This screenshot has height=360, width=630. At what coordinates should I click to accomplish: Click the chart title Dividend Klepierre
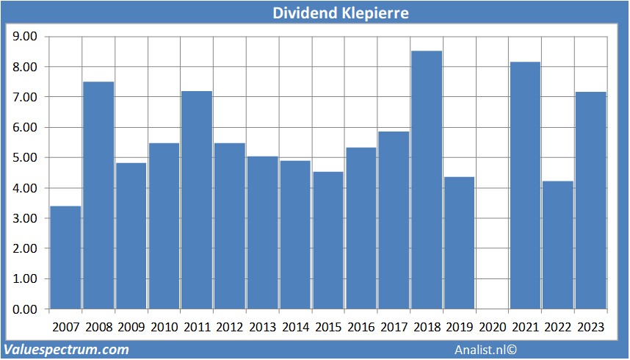coord(341,12)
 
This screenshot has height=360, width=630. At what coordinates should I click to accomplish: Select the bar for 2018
coord(427,180)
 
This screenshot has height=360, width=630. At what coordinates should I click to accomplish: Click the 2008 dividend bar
coord(98,195)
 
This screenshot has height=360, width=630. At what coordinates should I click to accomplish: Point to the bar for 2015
coord(328,240)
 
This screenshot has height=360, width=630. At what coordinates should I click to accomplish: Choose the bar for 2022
coord(558,245)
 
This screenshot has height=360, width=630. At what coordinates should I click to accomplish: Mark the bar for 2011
coord(197,200)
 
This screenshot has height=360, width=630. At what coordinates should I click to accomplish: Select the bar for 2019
coord(460,242)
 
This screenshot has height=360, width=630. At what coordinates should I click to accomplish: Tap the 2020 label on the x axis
coord(492,327)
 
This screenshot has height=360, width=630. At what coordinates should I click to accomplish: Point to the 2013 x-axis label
coord(262,327)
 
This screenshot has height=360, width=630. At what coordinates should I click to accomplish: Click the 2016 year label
coord(361,327)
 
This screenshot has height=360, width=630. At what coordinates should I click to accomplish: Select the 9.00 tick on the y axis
coord(25,36)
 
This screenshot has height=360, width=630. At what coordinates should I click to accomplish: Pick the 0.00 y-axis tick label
coord(25,309)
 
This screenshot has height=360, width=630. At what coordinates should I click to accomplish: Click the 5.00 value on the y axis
coord(25,157)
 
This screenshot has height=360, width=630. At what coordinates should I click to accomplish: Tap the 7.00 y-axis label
coord(25,97)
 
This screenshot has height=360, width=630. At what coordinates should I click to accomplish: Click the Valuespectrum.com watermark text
coord(67,350)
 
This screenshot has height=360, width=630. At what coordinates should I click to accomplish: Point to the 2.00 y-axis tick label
coord(25,248)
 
